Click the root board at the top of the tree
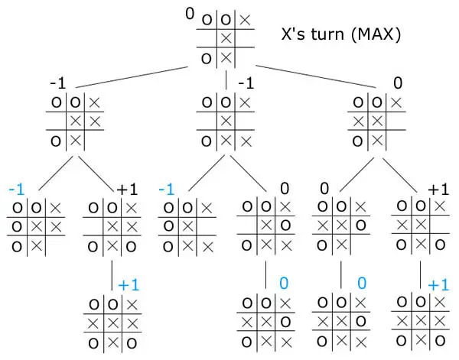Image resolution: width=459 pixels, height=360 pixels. point(225,38)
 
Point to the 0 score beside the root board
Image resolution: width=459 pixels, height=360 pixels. point(190,13)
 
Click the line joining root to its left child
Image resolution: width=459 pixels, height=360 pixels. point(134,77)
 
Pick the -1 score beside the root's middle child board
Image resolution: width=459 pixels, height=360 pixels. point(246,82)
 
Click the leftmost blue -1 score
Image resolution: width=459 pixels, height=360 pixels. point(15,189)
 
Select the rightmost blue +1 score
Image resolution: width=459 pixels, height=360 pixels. point(438,285)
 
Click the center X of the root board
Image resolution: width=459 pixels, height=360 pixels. point(226,38)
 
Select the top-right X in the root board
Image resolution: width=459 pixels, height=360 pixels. point(245,20)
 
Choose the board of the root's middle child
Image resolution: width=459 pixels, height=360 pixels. point(225,122)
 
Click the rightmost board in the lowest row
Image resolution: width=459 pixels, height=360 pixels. point(419,321)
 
